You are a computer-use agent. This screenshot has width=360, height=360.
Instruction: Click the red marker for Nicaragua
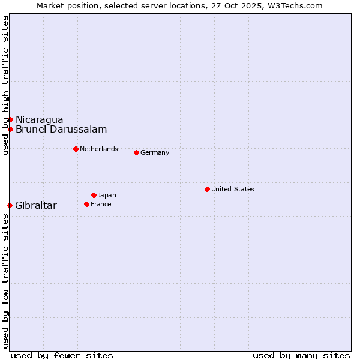[10, 119]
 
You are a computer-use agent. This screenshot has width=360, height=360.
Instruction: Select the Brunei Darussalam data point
[10, 129]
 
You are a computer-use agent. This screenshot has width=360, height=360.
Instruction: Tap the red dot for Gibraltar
[10, 205]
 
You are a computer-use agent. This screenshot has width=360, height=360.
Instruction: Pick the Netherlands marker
[76, 149]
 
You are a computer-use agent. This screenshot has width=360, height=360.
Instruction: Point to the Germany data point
[136, 152]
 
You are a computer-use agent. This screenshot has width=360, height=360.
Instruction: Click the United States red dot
[207, 189]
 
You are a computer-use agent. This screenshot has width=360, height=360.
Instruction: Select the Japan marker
[94, 195]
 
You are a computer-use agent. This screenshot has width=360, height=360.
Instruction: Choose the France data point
[86, 204]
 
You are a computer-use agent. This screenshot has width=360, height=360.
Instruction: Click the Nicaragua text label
[39, 119]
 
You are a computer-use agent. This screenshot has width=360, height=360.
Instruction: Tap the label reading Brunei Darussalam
[61, 129]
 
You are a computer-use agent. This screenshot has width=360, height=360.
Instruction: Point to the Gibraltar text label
[36, 206]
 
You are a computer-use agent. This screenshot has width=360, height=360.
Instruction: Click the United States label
[233, 189]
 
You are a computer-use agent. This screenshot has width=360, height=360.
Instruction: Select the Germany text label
[155, 152]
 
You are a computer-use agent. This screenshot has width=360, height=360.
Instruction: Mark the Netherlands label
[99, 149]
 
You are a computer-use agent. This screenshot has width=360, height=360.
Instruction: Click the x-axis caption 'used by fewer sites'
[62, 355]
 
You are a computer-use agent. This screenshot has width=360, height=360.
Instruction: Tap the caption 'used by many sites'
[301, 355]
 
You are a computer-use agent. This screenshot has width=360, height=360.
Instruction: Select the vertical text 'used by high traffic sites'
[5, 85]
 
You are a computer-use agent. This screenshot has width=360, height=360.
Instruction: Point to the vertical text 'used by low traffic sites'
[5, 280]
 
